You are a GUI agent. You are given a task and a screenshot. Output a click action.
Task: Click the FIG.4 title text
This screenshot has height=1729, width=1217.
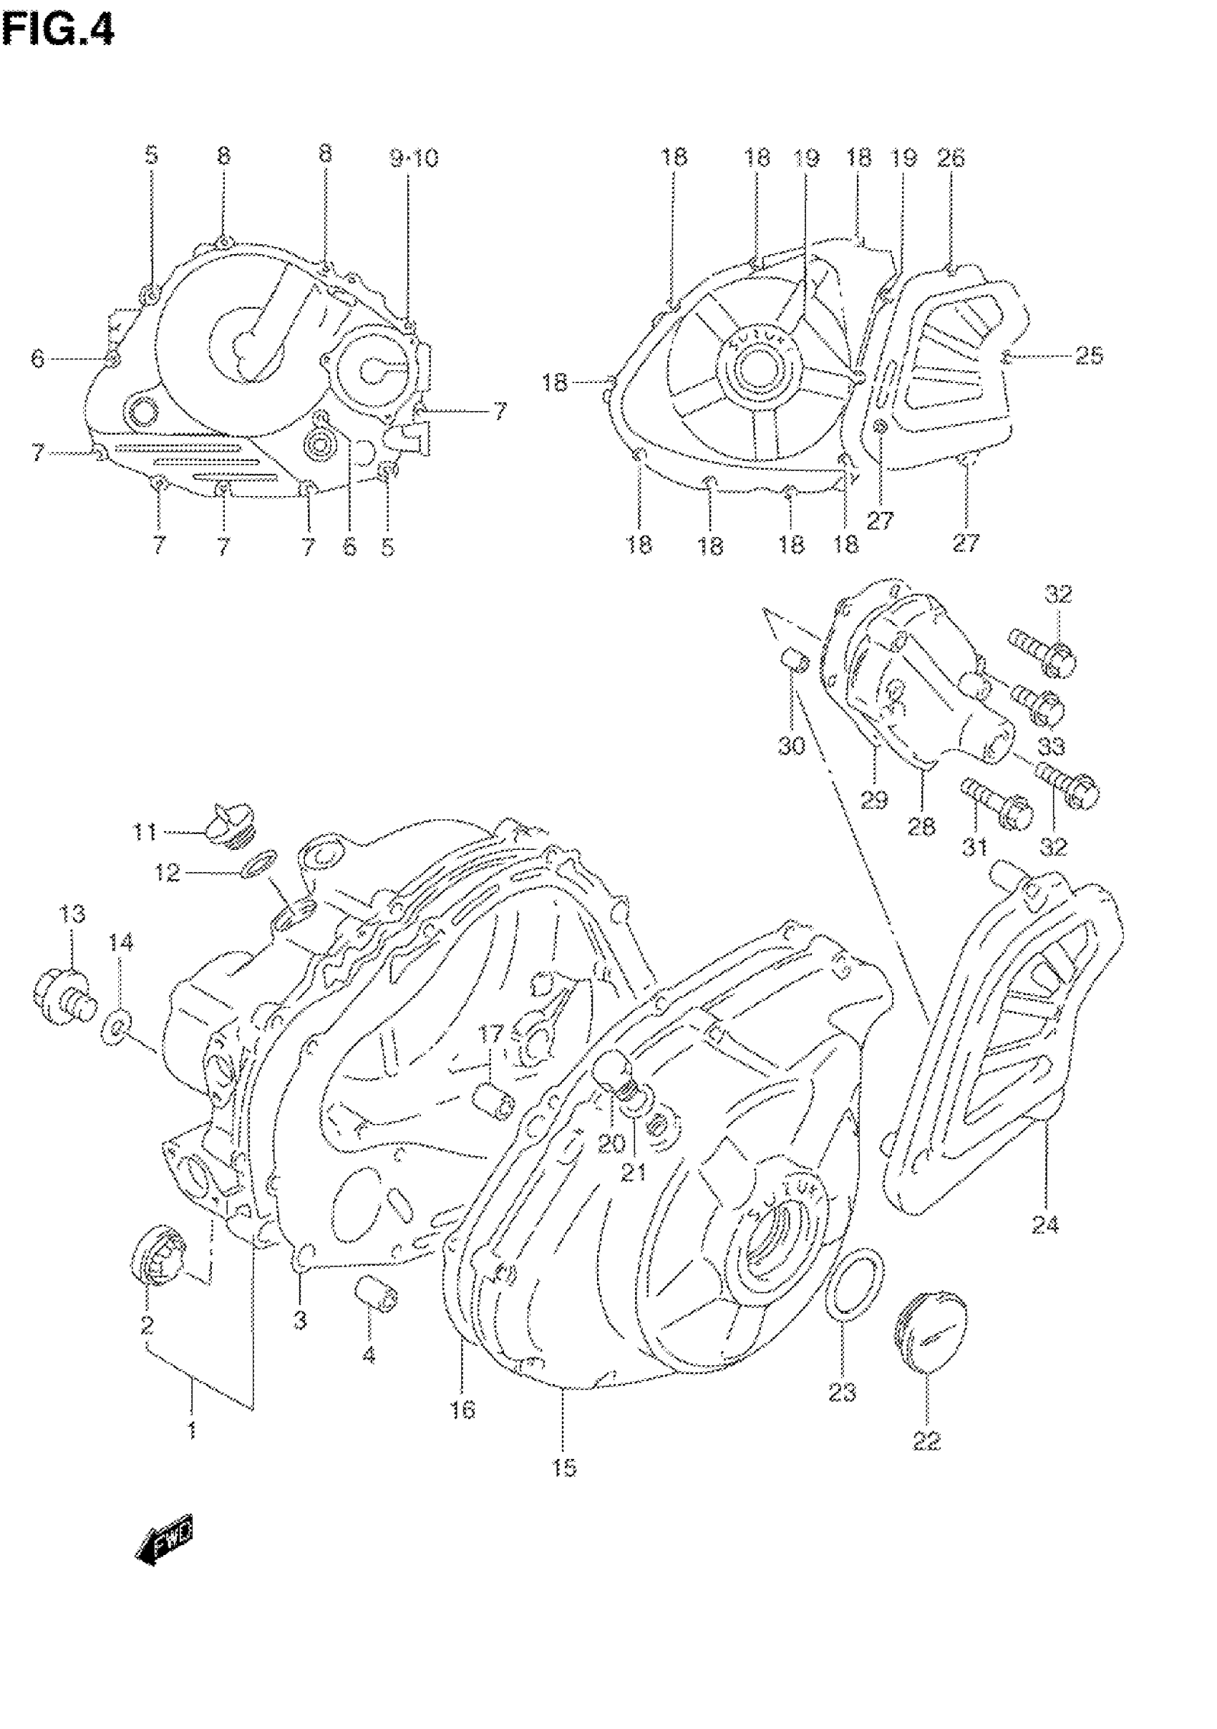point(58,32)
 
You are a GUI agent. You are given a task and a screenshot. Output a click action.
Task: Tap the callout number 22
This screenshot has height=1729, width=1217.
point(927,1440)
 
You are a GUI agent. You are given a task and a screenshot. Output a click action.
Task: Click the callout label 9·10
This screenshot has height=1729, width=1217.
point(414,158)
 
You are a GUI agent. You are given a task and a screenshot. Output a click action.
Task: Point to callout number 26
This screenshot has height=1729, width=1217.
point(951,158)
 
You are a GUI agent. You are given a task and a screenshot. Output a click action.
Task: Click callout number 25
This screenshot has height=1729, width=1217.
point(1088,355)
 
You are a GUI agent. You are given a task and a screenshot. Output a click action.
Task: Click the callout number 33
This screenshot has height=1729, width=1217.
point(1052,745)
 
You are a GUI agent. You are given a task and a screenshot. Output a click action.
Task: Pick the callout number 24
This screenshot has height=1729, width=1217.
point(1044,1225)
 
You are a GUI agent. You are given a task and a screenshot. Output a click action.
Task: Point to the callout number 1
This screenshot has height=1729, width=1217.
point(192,1429)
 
